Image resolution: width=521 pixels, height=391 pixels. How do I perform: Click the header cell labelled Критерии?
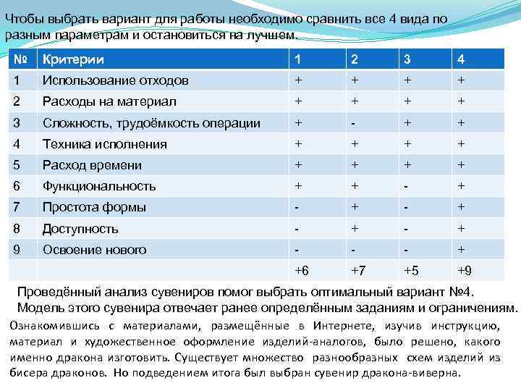coord(72,59)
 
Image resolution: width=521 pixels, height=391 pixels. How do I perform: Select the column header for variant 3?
coord(408,59)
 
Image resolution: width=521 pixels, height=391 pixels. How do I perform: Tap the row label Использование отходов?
coord(115,80)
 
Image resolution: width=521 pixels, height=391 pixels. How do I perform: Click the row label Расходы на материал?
coord(109,101)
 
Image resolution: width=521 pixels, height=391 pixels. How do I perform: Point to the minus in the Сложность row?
coord(354,123)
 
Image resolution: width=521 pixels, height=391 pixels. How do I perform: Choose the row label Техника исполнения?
coord(104,144)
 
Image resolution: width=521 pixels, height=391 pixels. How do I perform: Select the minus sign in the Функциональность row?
coord(408,186)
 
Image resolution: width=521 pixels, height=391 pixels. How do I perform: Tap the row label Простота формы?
coord(94,207)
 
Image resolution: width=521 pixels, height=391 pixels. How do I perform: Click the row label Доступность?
coord(80,229)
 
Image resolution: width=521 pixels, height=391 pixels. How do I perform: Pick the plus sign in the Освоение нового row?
coord(461,250)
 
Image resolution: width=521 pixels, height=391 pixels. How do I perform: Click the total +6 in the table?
coord(302,271)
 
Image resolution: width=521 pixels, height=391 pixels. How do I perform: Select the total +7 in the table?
coord(357,271)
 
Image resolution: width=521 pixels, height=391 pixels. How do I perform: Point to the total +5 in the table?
coord(411,271)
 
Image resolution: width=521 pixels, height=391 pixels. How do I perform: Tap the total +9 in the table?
coord(464,271)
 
